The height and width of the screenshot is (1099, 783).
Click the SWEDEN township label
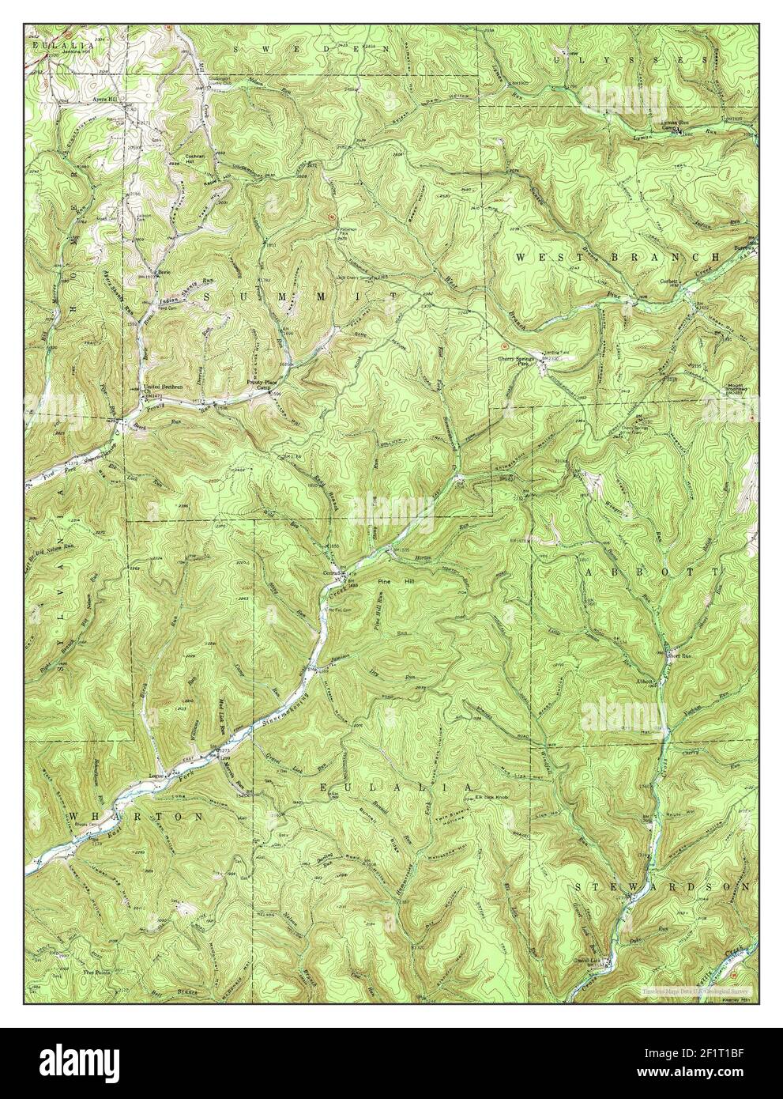tap(313, 49)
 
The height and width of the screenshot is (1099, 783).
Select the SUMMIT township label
tap(300, 296)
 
